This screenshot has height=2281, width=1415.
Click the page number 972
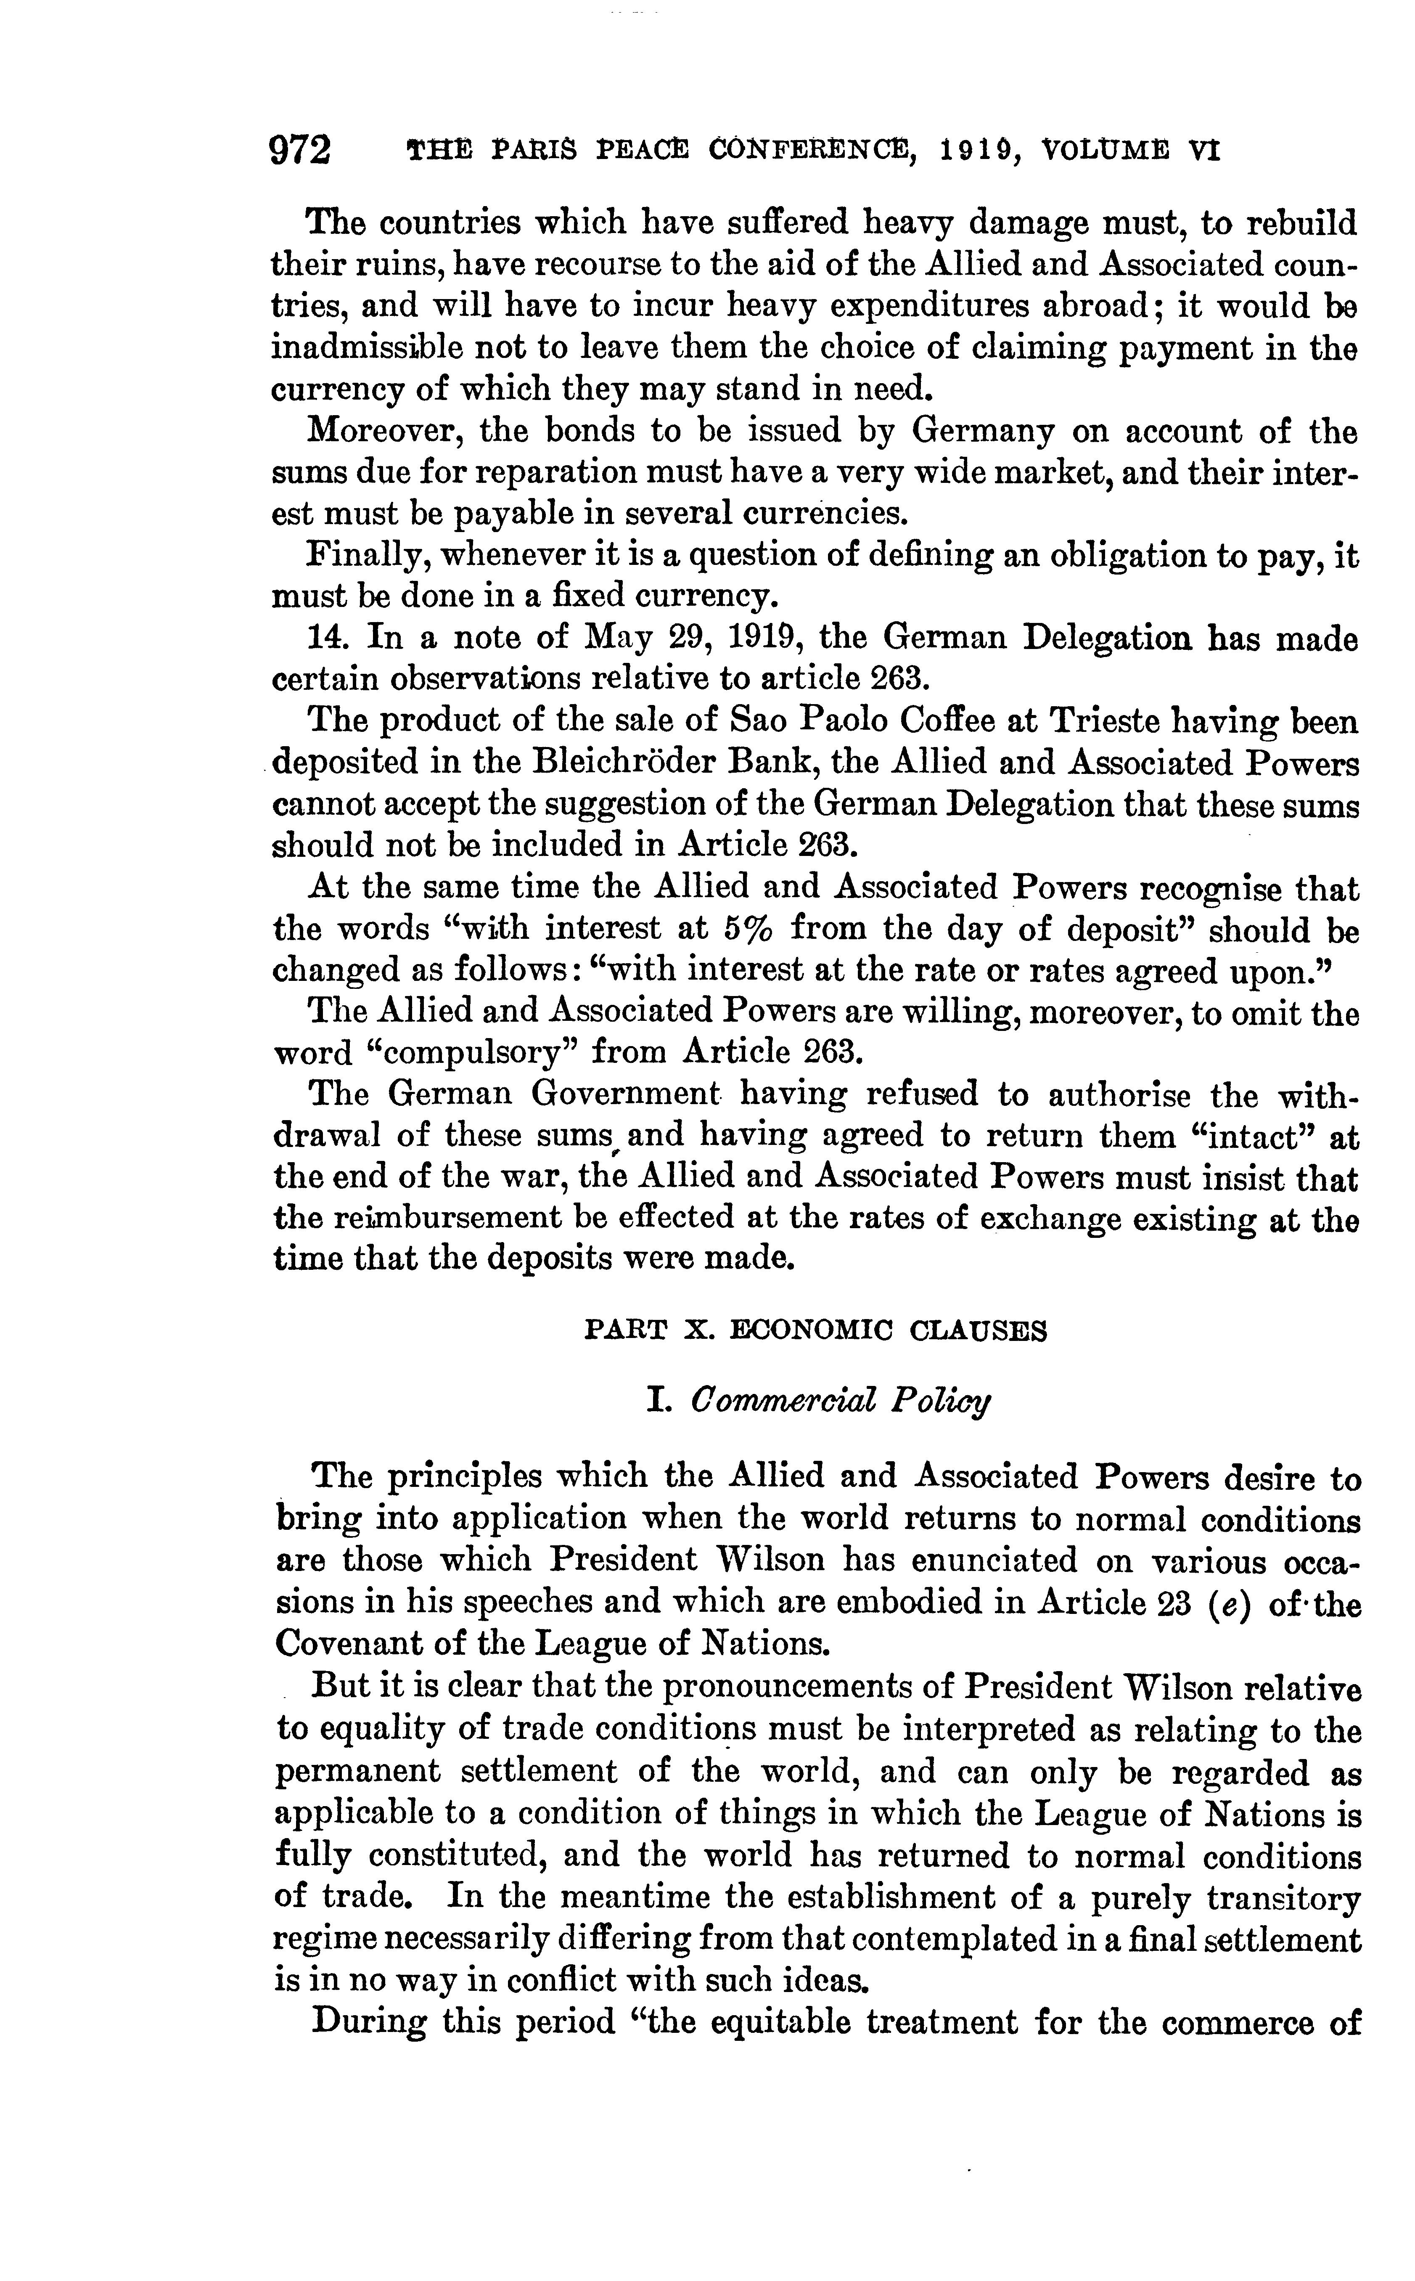point(300,150)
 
